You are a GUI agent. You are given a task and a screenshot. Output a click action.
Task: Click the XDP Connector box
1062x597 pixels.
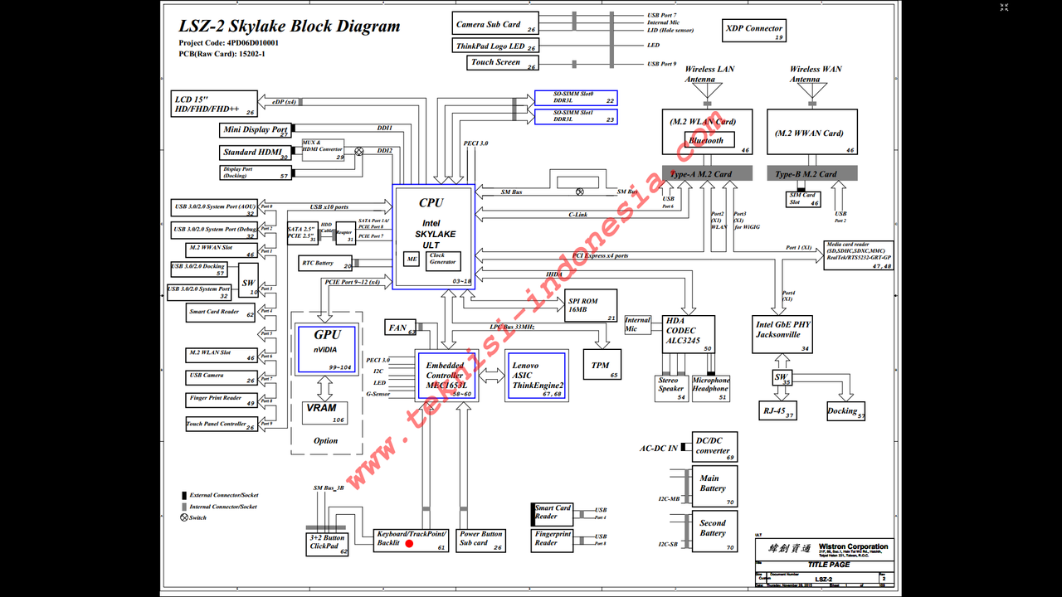(754, 32)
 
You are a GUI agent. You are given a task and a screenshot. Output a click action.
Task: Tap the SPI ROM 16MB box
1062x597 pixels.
(592, 305)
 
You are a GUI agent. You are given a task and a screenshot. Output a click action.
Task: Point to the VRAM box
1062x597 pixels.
(324, 412)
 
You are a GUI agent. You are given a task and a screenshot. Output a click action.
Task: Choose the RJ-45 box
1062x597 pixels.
(777, 411)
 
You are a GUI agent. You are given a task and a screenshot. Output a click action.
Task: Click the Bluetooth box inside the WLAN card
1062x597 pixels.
(709, 140)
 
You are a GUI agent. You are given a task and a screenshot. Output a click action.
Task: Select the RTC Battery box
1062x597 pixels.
(325, 264)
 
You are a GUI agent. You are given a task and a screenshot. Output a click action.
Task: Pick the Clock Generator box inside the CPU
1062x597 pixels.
(443, 260)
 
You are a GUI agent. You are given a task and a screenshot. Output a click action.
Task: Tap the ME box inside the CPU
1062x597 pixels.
(412, 260)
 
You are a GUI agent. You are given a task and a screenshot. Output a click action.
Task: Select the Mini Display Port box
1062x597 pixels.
(256, 129)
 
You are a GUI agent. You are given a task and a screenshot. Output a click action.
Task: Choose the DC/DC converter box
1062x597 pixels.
(714, 446)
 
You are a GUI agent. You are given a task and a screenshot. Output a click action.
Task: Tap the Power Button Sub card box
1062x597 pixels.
(481, 539)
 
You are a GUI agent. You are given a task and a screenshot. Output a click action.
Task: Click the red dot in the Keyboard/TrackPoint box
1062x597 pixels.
(409, 543)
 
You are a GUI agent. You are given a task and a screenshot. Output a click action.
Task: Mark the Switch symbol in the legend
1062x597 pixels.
(183, 517)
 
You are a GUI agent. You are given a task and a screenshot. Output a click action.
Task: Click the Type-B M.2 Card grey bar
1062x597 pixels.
(811, 174)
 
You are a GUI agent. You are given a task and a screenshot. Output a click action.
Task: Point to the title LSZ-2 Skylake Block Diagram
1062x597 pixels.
(290, 27)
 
